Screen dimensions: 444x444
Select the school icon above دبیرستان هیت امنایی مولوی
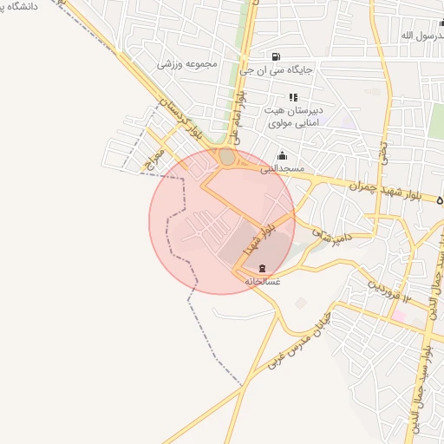pyautogui.click(x=293, y=97)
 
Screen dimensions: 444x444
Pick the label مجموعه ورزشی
pyautogui.click(x=187, y=64)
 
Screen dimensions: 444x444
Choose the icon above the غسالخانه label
pyautogui.click(x=263, y=268)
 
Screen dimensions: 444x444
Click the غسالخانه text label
pyautogui.click(x=262, y=281)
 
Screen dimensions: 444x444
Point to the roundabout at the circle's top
pyautogui.click(x=227, y=158)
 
